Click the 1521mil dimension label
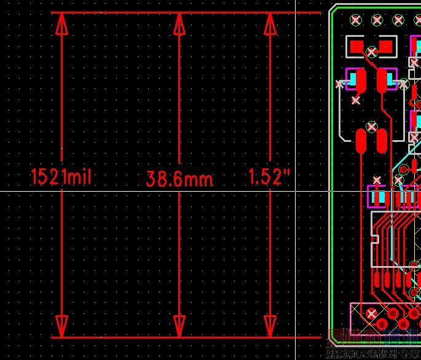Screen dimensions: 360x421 (61, 177)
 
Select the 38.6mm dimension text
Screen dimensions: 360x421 (179, 179)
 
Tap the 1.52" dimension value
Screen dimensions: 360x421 (269, 177)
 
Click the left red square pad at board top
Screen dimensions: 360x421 (356, 45)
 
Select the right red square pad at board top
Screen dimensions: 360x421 (386, 45)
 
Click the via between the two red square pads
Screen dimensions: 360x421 (371, 51)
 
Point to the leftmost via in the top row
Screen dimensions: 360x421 (356, 20)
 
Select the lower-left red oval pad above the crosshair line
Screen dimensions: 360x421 (361, 141)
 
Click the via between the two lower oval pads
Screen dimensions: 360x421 (371, 127)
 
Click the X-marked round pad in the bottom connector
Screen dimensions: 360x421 (371, 315)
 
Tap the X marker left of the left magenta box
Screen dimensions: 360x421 (340, 83)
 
